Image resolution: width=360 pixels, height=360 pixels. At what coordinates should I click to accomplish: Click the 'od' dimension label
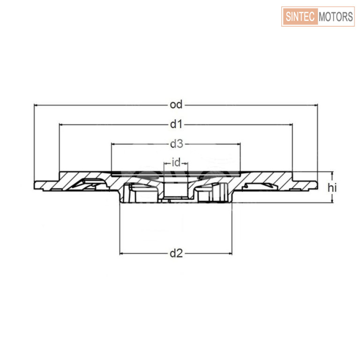pyautogui.click(x=176, y=105)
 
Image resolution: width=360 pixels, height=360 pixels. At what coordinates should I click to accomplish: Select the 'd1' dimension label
pyautogui.click(x=176, y=124)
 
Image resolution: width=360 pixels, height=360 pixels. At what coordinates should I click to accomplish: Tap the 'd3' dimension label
pyautogui.click(x=177, y=144)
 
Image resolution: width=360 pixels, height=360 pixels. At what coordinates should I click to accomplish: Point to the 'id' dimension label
pyautogui.click(x=176, y=163)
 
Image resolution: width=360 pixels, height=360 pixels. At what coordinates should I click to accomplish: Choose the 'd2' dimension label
pyautogui.click(x=176, y=254)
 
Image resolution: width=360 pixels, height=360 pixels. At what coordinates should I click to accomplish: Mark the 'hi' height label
pyautogui.click(x=332, y=188)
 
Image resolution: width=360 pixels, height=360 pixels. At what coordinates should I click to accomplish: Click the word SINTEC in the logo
pyautogui.click(x=300, y=16)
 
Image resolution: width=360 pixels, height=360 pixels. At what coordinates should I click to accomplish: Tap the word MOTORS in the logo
pyautogui.click(x=336, y=16)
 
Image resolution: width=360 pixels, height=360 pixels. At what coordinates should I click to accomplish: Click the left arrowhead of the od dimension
pyautogui.click(x=36, y=105)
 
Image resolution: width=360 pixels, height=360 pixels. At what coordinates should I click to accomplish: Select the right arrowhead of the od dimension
pyautogui.click(x=315, y=105)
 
